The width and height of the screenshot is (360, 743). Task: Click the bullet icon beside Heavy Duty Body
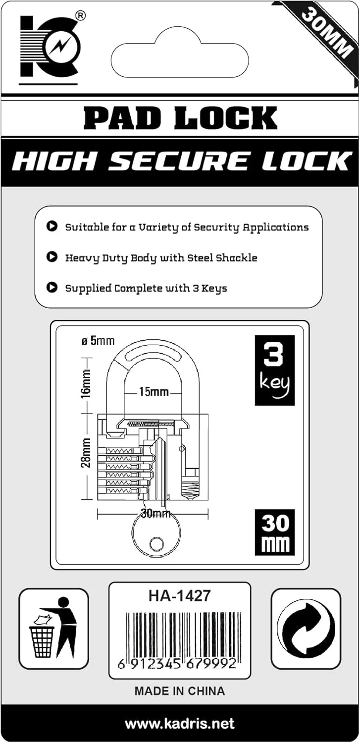tap(51, 258)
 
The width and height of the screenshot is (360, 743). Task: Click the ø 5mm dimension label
tap(97, 340)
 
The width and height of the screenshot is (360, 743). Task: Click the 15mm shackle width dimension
tap(154, 392)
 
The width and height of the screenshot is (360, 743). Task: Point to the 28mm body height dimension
tap(86, 452)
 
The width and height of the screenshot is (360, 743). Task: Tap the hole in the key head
tap(156, 544)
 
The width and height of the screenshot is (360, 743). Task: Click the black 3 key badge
tap(274, 370)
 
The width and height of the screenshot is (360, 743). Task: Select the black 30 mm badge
tap(274, 532)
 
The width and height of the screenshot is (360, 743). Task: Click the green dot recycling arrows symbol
tap(306, 629)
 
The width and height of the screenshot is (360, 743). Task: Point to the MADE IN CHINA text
tap(179, 691)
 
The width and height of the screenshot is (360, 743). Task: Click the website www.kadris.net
tap(179, 724)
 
